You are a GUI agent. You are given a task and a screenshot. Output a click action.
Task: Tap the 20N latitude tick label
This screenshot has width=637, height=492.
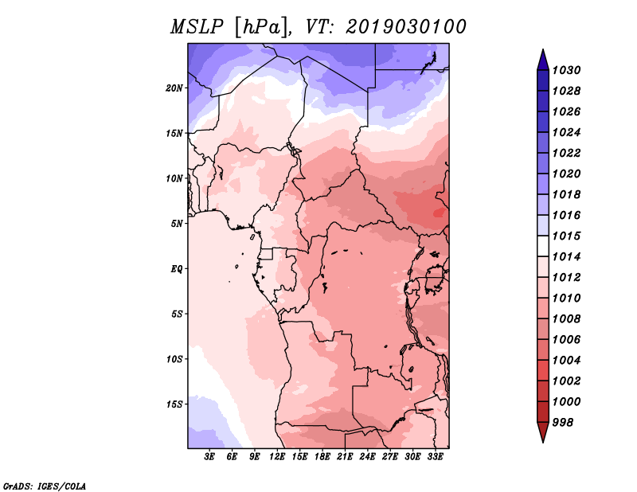[x=174, y=88]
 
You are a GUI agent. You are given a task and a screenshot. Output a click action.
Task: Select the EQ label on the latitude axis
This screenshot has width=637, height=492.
[x=177, y=269]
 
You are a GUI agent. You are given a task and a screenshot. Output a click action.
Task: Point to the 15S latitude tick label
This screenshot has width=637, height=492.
[x=174, y=404]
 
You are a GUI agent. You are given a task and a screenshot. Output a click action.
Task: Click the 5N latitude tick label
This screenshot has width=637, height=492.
[x=177, y=224]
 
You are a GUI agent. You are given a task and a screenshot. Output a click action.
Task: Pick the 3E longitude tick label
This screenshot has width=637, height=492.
[x=209, y=457]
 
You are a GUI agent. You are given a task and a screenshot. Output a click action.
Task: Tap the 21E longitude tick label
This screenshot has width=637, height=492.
[x=345, y=457]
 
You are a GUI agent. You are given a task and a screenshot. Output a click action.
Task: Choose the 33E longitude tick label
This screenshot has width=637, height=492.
[x=435, y=457]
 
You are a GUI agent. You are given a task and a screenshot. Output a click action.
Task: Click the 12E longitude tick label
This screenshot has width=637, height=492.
[x=277, y=457]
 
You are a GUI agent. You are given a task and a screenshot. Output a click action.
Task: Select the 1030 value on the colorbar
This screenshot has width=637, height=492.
[x=566, y=70]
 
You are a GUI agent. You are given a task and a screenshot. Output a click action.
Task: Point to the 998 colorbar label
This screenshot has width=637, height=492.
[x=563, y=423]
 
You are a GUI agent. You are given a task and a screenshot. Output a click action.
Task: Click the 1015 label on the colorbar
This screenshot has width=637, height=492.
[x=566, y=236]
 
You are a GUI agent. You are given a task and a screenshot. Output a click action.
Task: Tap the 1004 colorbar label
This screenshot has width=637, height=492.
[x=566, y=361]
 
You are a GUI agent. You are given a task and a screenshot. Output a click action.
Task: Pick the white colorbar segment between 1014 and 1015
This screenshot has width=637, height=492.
[x=543, y=246]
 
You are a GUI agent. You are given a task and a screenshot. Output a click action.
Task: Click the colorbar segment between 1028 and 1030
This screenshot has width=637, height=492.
[x=543, y=80]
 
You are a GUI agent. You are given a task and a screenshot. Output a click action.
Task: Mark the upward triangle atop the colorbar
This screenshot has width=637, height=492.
[x=543, y=61]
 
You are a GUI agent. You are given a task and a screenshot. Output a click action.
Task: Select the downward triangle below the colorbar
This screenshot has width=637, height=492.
[x=543, y=432]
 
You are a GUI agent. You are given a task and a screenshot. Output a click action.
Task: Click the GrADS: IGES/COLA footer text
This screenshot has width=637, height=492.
[x=45, y=486]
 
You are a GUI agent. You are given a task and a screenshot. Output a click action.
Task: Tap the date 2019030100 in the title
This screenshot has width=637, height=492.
[x=406, y=27]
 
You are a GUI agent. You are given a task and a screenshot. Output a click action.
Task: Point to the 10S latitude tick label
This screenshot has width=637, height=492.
[x=174, y=359]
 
